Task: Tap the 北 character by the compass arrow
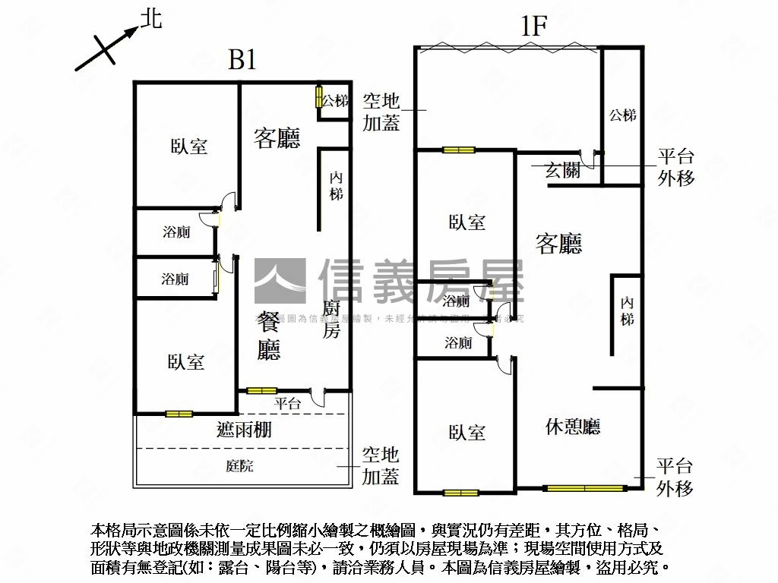coord(152,18)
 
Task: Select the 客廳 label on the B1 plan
coord(277,137)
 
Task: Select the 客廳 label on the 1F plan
coord(559,243)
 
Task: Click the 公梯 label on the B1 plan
coord(335,100)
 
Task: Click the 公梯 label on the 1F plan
coord(622,115)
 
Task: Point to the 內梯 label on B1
coord(336,186)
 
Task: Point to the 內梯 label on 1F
coord(627,311)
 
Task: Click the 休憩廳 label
coord(573,427)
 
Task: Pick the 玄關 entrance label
coord(563,171)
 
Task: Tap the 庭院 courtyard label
coord(240,466)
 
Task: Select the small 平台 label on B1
coord(287,404)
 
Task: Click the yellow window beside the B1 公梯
coord(319,99)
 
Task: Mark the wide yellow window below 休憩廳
coord(586,488)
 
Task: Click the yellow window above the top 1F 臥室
coord(459,150)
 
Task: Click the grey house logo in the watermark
coord(279,282)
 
